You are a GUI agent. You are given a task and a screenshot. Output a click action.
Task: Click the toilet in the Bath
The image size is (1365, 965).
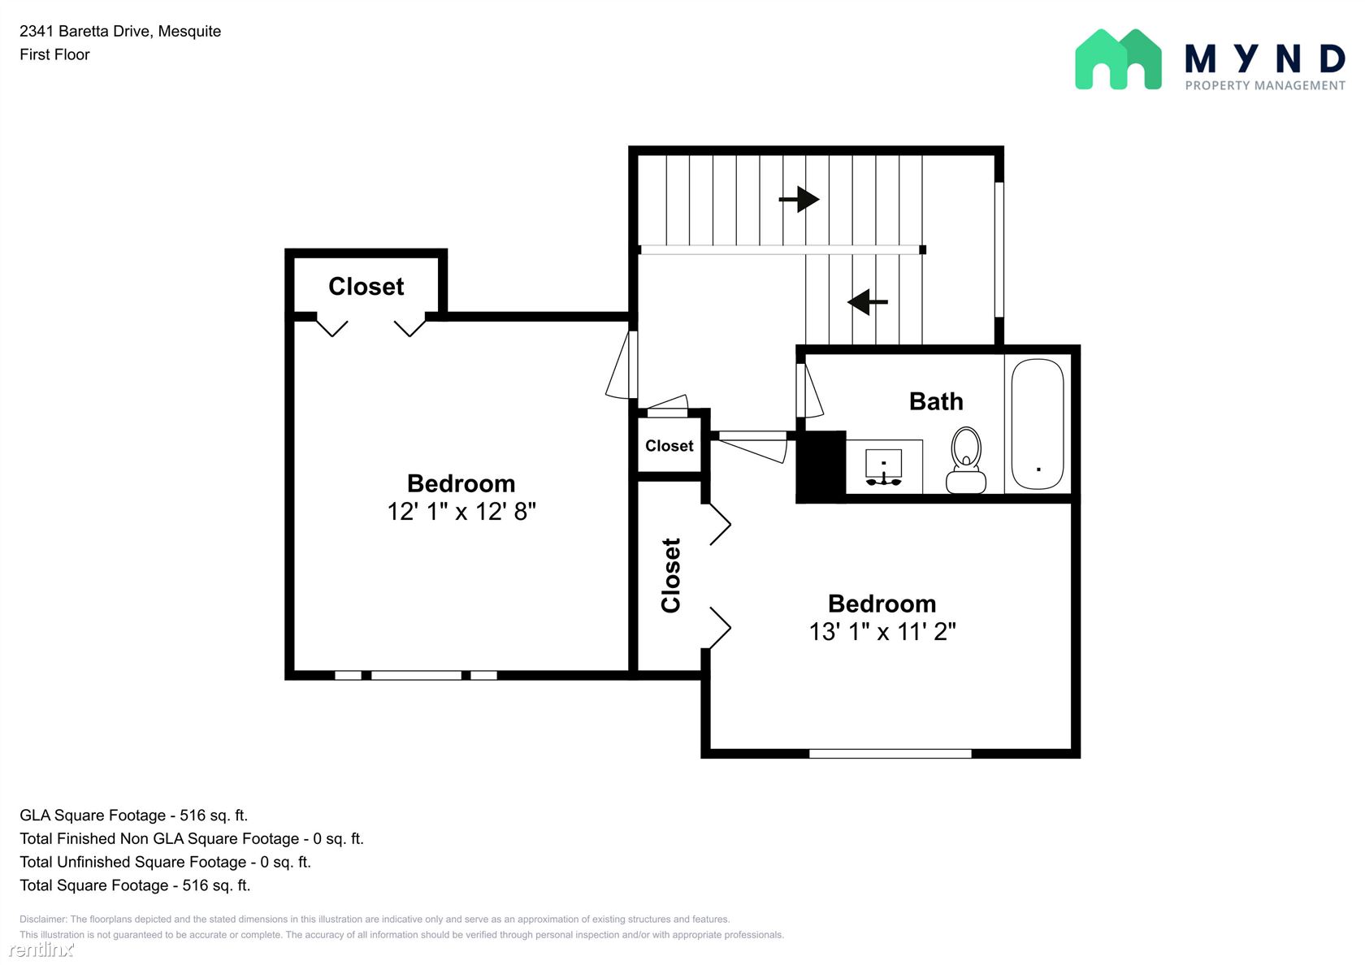[x=966, y=460]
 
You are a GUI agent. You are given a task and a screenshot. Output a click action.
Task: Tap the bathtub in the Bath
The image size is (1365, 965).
[x=1038, y=423]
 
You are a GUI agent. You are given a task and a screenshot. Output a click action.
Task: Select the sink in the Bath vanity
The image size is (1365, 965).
[x=884, y=467]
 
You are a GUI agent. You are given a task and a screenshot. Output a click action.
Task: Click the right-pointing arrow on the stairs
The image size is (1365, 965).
[x=799, y=199]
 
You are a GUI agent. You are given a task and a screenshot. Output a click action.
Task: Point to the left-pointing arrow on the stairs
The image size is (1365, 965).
[x=868, y=301]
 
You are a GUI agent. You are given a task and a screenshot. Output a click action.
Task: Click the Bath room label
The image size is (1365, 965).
[x=936, y=401]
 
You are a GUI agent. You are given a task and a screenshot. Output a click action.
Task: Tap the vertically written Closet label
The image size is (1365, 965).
[x=670, y=575]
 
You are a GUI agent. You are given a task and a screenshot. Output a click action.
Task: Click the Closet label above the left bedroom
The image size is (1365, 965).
[x=366, y=286]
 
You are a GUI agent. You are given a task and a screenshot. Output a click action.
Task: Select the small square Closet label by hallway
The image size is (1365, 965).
[x=669, y=446]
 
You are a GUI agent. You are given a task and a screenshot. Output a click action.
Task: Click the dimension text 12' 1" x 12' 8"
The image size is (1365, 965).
[x=461, y=511]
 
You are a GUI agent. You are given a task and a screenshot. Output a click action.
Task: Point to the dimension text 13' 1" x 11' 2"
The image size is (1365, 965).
[x=882, y=631]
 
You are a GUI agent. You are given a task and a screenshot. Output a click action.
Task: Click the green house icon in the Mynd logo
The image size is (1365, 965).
[x=1118, y=59]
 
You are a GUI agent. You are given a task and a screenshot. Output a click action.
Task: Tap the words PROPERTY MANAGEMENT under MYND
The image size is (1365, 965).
[x=1265, y=85]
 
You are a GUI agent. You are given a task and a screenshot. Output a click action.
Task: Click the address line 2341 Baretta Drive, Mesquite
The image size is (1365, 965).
[x=120, y=31]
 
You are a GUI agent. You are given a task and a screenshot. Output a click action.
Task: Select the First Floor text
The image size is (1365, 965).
[x=55, y=54]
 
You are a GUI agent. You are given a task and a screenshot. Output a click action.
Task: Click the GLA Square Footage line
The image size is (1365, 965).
[x=133, y=816]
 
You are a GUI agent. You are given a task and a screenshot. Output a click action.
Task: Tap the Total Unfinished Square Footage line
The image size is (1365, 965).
[x=165, y=862]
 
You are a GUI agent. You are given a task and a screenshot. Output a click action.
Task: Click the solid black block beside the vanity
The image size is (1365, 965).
[x=821, y=466]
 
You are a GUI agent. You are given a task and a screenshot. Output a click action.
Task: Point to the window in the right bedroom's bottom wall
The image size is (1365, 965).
[x=890, y=754]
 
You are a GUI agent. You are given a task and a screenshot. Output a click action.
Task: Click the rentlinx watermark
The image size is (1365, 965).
[x=41, y=949]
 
